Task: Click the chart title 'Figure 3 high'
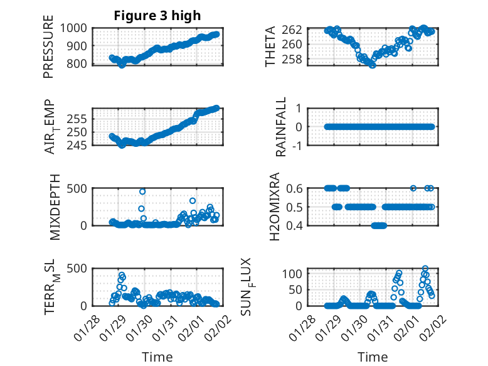(157, 16)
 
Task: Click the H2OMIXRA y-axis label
(275, 207)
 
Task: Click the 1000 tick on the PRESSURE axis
(75, 28)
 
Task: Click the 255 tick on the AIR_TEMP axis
(78, 119)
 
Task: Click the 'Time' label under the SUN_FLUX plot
(373, 357)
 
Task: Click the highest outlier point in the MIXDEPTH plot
(142, 191)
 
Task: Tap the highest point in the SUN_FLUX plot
(425, 269)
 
